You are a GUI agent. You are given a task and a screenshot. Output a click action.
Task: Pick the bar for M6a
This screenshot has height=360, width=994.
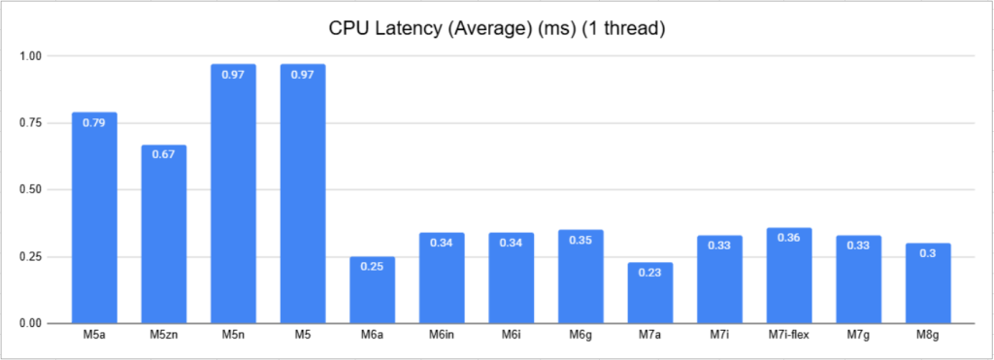(373, 290)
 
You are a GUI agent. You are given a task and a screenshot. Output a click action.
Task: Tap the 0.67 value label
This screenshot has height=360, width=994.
(164, 154)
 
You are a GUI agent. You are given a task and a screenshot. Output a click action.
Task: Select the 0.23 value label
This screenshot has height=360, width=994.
(650, 272)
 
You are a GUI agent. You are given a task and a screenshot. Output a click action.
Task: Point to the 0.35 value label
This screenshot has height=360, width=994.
(580, 240)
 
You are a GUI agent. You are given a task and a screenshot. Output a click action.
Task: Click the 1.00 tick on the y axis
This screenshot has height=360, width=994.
(32, 56)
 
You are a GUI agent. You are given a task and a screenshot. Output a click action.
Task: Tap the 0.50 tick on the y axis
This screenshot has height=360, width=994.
(32, 190)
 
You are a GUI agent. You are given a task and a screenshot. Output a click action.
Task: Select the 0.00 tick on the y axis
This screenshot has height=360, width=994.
(32, 323)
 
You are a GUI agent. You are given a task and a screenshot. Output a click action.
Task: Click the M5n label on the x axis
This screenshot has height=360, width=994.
(233, 336)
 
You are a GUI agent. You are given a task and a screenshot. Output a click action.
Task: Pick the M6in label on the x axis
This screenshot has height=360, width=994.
(442, 336)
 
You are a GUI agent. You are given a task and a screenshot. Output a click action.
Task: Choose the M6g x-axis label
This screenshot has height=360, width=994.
(580, 336)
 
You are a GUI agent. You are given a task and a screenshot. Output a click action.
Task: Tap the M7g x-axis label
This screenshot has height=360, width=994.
(858, 336)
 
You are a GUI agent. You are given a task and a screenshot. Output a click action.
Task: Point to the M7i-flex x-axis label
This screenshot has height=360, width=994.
(789, 336)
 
